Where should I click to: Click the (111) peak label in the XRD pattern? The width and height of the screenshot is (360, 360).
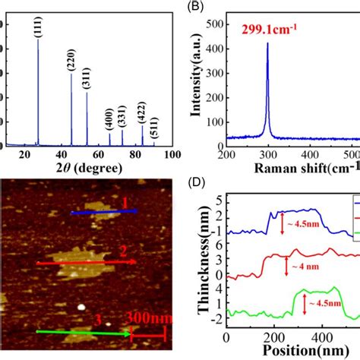38,27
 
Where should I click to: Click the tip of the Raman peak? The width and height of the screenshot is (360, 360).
267,44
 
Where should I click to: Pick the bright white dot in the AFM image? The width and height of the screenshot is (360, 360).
81,308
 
